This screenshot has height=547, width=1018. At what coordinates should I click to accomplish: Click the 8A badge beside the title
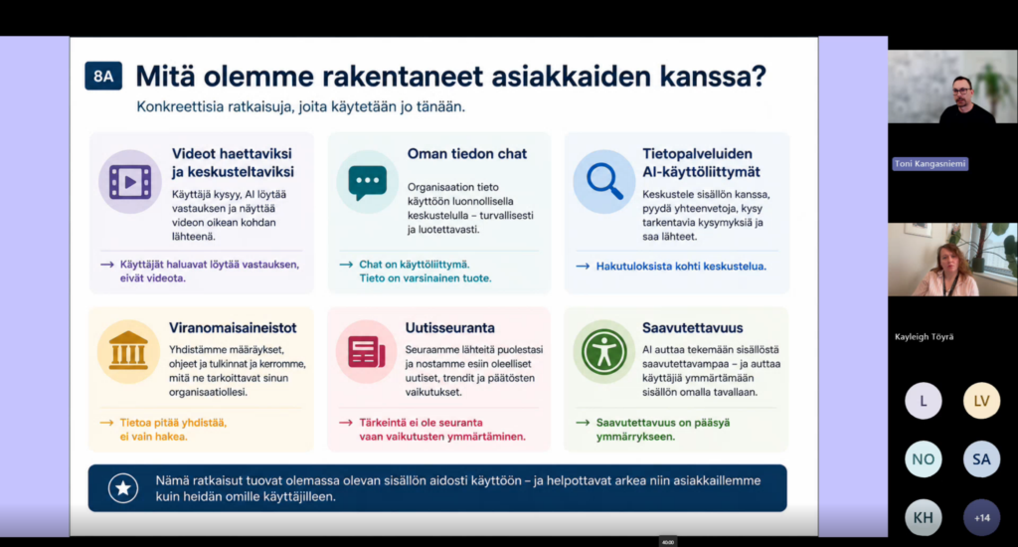[x=103, y=76]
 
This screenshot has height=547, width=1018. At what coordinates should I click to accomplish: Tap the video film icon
[x=130, y=182]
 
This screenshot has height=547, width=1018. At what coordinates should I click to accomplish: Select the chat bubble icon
[x=368, y=183]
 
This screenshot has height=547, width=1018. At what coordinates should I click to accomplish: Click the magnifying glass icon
[x=604, y=181]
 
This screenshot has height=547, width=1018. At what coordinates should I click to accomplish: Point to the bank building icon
[x=128, y=351]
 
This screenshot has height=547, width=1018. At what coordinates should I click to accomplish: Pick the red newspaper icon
[x=367, y=351]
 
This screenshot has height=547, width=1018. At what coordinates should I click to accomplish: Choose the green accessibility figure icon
[x=603, y=351]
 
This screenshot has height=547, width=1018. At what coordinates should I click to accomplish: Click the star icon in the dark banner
[x=122, y=488]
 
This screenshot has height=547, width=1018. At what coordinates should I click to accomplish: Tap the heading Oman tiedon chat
[x=467, y=154]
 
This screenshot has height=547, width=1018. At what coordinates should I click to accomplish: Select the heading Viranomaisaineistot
[x=233, y=328]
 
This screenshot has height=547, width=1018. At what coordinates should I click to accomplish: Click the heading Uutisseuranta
[x=450, y=328]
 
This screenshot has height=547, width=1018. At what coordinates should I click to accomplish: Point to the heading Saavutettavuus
[x=692, y=328]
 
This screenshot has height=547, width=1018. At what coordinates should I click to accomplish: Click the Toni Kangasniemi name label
[x=930, y=164]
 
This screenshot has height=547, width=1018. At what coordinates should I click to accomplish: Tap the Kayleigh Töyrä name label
[x=924, y=336]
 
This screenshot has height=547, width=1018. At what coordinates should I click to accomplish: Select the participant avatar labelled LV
[x=981, y=401]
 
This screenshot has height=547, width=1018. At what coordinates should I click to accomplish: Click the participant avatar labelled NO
[x=924, y=459]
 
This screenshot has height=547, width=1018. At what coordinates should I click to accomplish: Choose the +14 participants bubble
[x=981, y=518]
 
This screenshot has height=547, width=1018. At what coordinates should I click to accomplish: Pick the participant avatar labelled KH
[x=924, y=518]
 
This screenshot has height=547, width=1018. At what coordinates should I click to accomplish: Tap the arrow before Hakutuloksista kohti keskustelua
[x=583, y=267]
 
